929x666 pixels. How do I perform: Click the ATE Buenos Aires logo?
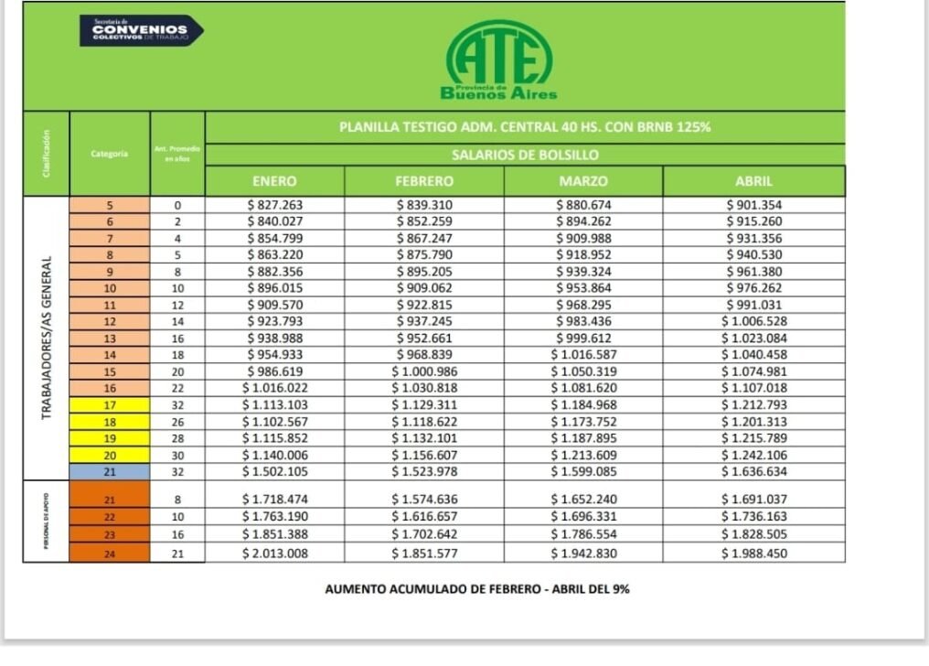pyautogui.click(x=498, y=60)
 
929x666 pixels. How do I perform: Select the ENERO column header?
pyautogui.click(x=274, y=181)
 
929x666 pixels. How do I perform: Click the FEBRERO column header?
pyautogui.click(x=424, y=181)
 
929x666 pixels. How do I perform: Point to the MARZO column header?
pyautogui.click(x=582, y=181)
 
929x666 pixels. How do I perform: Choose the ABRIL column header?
pyautogui.click(x=754, y=181)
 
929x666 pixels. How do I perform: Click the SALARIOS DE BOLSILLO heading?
pyautogui.click(x=525, y=155)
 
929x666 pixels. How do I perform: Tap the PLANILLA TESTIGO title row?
pyautogui.click(x=525, y=127)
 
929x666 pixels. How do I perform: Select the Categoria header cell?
pyautogui.click(x=110, y=154)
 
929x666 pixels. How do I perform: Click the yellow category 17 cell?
pyautogui.click(x=110, y=404)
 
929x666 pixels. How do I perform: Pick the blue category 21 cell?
pyautogui.click(x=110, y=472)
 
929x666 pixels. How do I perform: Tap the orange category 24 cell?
pyautogui.click(x=110, y=553)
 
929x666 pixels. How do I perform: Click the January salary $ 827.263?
pyautogui.click(x=274, y=205)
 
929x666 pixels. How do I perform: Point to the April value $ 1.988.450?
pyautogui.click(x=753, y=553)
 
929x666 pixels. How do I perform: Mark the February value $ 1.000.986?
pyautogui.click(x=424, y=371)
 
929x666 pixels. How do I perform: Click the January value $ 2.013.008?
pyautogui.click(x=274, y=553)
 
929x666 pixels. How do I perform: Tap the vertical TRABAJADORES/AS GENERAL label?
pyautogui.click(x=47, y=338)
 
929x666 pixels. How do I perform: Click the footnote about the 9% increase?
pyautogui.click(x=477, y=589)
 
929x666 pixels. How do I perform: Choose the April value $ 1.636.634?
pyautogui.click(x=753, y=472)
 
